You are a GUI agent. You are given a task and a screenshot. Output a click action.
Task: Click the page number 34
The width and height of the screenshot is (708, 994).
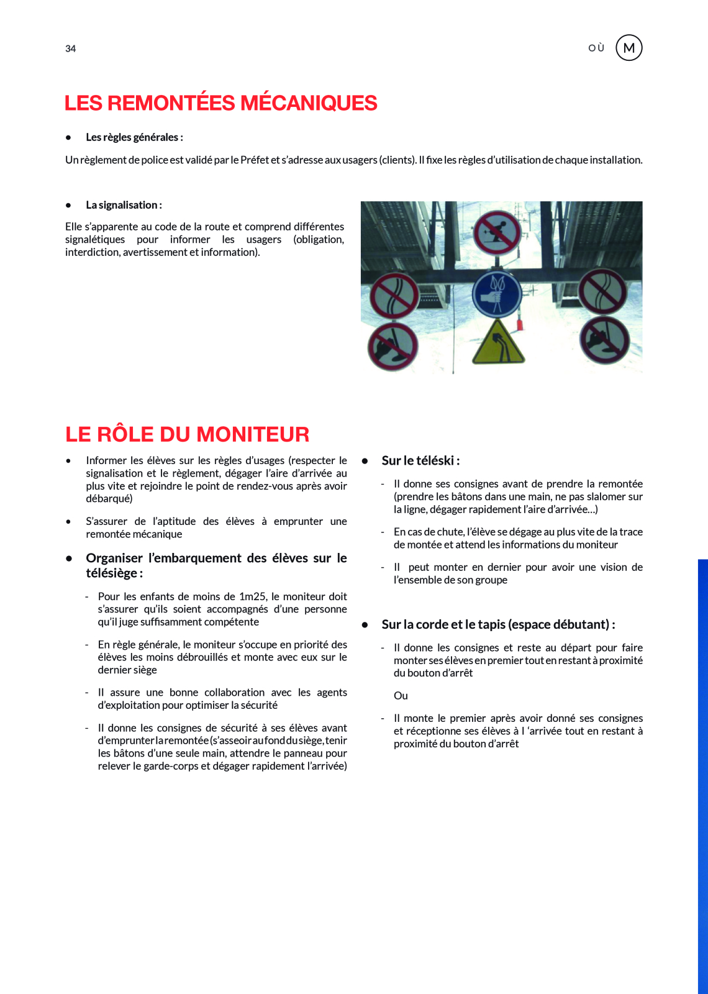pos(70,48)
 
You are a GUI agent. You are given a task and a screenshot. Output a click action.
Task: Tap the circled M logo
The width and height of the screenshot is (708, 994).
pos(629,48)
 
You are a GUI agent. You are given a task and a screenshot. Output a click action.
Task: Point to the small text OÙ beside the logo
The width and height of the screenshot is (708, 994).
pos(596,48)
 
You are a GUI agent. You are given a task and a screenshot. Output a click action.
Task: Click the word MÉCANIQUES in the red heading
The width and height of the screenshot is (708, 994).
pos(309,103)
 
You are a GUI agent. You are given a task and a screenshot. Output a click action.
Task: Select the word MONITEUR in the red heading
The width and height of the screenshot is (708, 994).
pos(253,434)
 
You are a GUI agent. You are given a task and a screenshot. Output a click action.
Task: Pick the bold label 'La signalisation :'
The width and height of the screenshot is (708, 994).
pos(124,205)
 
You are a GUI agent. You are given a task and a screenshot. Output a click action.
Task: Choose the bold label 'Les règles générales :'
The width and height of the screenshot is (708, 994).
pos(134,137)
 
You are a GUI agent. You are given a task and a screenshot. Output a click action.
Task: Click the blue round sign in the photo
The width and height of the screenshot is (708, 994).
pos(497,293)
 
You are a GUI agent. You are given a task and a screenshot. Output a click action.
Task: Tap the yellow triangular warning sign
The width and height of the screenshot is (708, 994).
pos(498,344)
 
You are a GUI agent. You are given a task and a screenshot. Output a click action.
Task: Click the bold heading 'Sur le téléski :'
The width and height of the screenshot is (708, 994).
pos(420,460)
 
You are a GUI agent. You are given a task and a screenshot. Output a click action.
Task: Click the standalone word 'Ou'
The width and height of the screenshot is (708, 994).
pos(401,696)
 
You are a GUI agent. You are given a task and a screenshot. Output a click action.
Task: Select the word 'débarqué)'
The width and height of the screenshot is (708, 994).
pos(109,498)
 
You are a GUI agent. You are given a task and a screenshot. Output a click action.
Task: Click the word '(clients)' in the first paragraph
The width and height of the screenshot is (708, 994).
pos(397,160)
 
